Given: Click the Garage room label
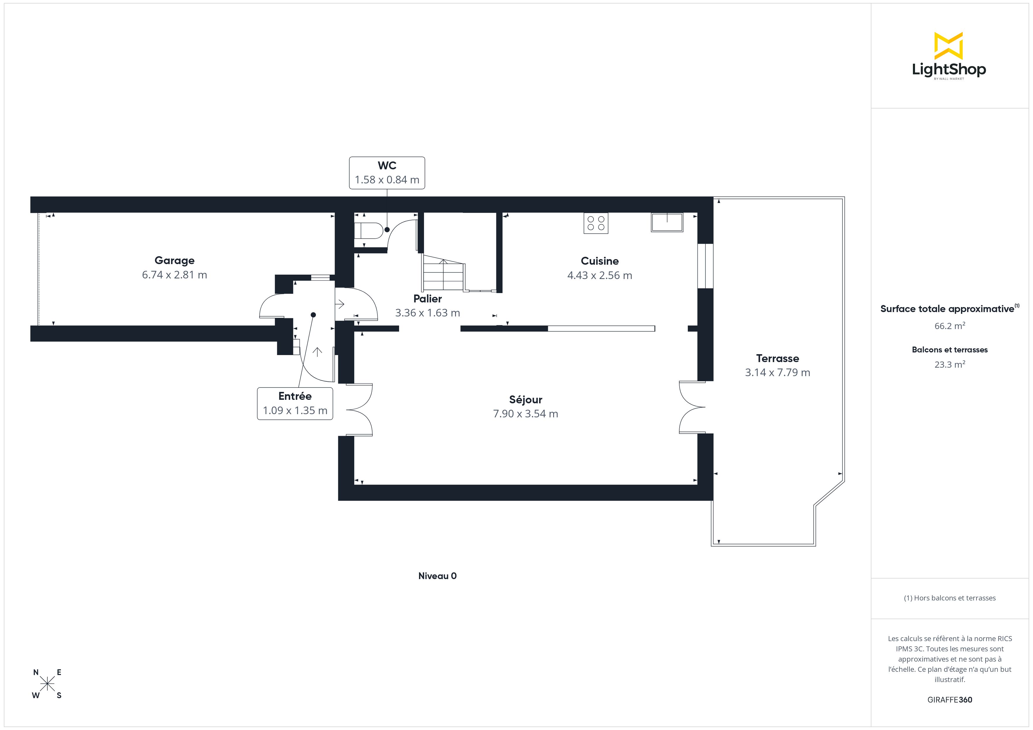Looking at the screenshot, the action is [x=175, y=261].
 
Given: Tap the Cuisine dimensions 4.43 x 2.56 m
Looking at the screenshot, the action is [x=599, y=276].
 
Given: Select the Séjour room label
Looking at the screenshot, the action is [x=526, y=400].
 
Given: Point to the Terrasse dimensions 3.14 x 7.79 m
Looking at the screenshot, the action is [x=777, y=373].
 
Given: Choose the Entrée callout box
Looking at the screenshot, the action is [x=295, y=404].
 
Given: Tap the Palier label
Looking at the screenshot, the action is [x=427, y=299].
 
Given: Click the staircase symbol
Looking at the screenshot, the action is [x=444, y=274].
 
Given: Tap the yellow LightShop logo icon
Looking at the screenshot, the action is [x=948, y=46].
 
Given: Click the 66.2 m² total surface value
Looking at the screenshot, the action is [x=949, y=326].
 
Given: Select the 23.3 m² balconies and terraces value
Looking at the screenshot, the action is [x=949, y=364].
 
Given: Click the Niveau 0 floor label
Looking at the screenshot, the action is [x=437, y=576].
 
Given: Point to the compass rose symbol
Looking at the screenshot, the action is [x=47, y=684].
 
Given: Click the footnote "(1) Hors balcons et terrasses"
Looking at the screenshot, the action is [x=949, y=598].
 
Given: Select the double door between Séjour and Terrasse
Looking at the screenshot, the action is [x=693, y=407].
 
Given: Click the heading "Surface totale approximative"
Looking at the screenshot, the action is [x=947, y=309].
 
